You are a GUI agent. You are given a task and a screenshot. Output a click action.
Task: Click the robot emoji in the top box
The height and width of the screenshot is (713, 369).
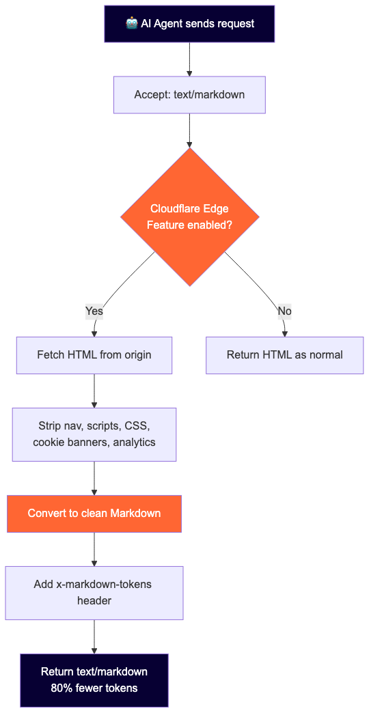(x=132, y=23)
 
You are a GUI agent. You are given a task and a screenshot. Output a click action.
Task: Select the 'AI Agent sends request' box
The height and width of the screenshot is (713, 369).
(x=189, y=24)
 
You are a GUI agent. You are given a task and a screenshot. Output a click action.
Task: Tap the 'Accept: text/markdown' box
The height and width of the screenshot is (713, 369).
(x=189, y=94)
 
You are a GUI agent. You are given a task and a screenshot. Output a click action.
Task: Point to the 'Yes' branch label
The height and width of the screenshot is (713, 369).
(x=94, y=311)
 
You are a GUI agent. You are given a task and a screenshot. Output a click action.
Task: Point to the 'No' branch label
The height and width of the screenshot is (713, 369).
(x=284, y=311)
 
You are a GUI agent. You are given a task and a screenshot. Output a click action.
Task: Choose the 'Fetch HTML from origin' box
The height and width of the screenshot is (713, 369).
(x=94, y=355)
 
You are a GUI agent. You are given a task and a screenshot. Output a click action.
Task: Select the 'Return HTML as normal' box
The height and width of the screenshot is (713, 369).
(x=284, y=355)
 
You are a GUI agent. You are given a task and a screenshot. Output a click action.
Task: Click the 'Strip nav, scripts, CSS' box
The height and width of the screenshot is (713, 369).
(x=94, y=434)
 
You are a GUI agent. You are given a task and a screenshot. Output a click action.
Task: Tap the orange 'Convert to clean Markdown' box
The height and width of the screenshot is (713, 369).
(x=94, y=514)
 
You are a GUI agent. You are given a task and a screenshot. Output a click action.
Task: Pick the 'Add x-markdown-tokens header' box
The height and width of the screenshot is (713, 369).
(x=94, y=593)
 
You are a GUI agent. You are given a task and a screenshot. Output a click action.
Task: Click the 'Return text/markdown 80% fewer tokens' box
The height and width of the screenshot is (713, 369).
(x=94, y=680)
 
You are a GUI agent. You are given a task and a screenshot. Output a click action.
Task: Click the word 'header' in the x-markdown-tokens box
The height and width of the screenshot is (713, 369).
(x=94, y=601)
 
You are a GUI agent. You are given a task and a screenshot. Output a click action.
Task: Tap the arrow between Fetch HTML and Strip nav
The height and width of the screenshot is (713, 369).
(x=94, y=391)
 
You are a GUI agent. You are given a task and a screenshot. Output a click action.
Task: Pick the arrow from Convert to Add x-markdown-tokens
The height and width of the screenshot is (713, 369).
(x=94, y=549)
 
